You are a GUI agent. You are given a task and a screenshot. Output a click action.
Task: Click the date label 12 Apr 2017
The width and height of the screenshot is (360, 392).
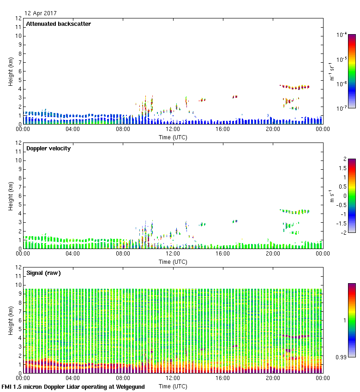pos(41,13)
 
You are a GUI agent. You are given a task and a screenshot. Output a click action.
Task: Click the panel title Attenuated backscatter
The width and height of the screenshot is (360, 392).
pos(59,24)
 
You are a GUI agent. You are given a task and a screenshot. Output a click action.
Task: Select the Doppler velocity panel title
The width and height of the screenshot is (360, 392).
pos(48,148)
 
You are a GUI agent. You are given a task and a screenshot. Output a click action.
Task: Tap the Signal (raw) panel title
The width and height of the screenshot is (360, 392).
pos(44,273)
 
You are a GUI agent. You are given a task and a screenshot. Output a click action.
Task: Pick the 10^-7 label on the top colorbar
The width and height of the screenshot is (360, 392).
pos(342,108)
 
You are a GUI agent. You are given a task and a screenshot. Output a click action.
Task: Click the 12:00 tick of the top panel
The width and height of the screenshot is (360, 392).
pos(173,130)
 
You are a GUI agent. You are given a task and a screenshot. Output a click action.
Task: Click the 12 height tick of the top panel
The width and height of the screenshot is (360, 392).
pos(18,18)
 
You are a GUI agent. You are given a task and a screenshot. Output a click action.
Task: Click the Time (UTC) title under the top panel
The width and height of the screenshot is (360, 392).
pos(173,137)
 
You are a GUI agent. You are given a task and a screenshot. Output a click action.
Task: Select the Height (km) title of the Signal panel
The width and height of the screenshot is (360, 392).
pos(10,321)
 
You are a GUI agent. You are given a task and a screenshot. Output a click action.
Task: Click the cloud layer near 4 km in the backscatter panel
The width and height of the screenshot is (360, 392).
pos(295,87)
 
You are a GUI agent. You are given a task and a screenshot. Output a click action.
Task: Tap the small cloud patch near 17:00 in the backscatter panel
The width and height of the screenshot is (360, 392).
pos(235,97)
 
